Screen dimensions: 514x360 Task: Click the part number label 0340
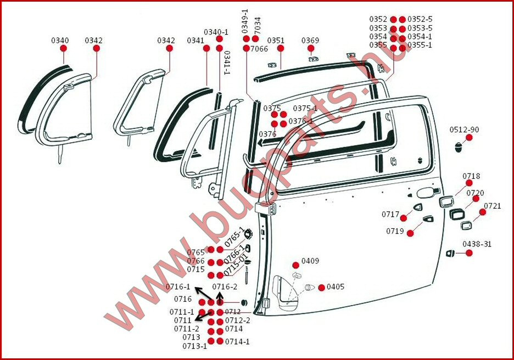point(60,40)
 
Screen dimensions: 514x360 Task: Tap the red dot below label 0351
point(281,48)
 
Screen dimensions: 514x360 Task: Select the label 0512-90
point(464,130)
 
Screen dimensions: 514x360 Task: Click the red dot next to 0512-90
point(469,138)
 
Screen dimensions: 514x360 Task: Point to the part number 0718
point(471,176)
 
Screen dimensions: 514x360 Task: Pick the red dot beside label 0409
point(295,265)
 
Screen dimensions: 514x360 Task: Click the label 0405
point(336,286)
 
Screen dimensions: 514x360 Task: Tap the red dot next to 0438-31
point(469,253)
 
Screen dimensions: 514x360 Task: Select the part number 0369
point(310,40)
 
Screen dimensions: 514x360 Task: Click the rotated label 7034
point(258,25)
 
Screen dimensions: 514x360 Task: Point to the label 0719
point(395,231)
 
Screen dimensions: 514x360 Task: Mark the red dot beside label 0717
point(404,218)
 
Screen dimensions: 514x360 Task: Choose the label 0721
point(493,206)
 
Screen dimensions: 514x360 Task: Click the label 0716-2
point(225,286)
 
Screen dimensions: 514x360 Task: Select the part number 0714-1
point(237,341)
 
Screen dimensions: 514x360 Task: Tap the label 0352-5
point(420,19)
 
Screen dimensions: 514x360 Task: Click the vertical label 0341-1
point(227,63)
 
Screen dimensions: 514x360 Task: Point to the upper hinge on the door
point(266,209)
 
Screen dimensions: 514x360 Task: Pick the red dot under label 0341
point(206,48)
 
